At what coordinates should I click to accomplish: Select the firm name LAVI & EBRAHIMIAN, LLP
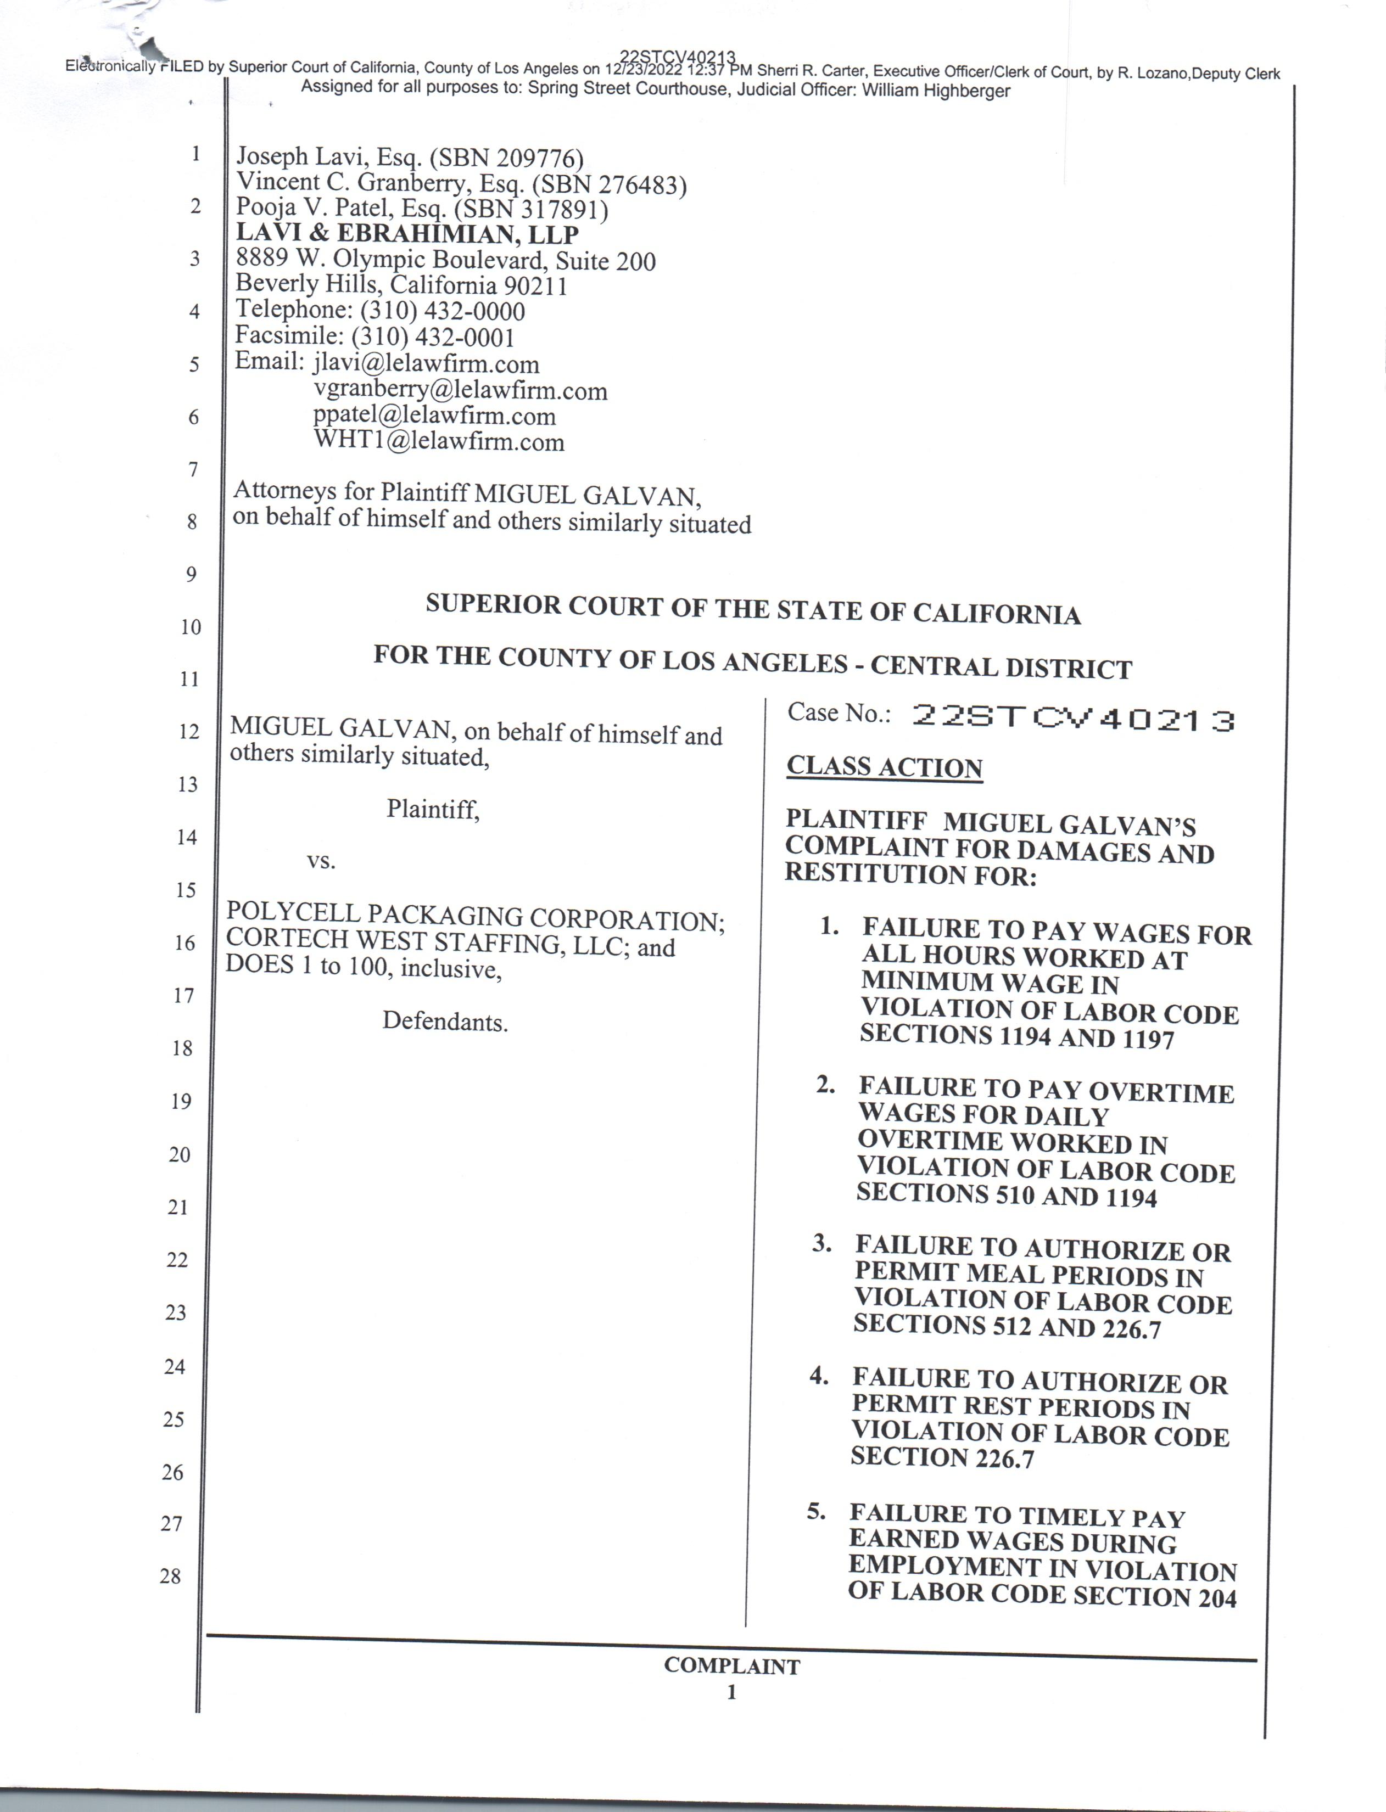tap(407, 234)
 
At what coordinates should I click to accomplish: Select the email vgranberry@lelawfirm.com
tap(460, 390)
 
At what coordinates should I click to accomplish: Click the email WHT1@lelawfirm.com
tap(439, 442)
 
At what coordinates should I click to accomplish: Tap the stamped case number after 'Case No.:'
tap(1072, 719)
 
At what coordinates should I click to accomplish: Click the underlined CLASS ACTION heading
tap(885, 766)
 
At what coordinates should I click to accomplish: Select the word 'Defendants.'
tap(445, 1022)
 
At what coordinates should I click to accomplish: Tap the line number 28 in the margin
tap(170, 1576)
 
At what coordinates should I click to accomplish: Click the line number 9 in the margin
tap(191, 574)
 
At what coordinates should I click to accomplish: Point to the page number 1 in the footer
tap(731, 1692)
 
